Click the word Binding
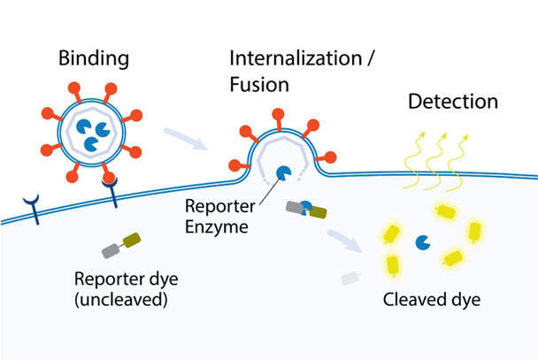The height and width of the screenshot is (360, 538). tap(93, 59)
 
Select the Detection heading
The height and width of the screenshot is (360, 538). tap(452, 102)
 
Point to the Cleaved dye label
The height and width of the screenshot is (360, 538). tap(431, 299)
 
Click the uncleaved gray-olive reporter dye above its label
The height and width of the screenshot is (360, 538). tap(121, 245)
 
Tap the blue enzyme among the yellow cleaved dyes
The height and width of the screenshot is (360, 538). tap(424, 241)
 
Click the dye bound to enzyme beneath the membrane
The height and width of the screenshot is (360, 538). tap(306, 210)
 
